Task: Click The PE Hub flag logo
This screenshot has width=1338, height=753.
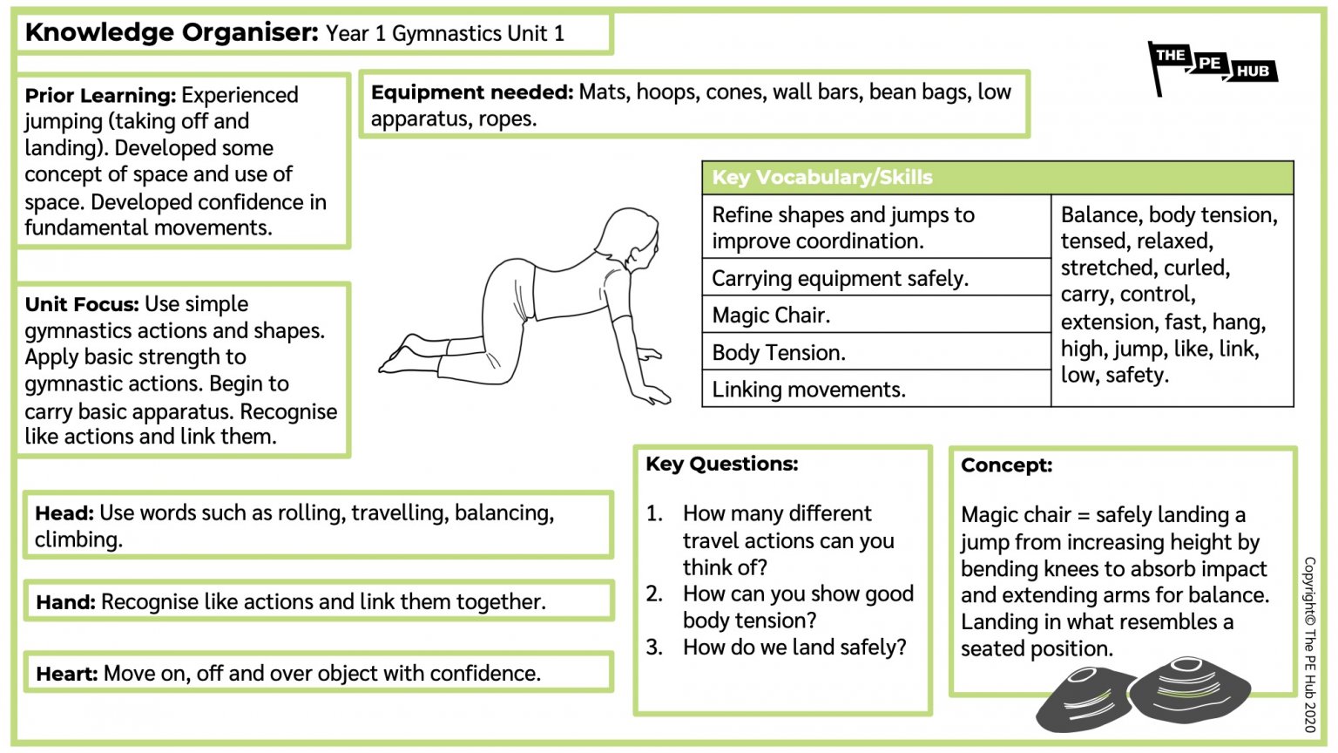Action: [1211, 67]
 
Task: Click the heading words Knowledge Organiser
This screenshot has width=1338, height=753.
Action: [172, 33]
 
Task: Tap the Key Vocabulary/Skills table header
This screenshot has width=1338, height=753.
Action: [821, 177]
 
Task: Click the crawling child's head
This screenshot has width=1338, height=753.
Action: [629, 235]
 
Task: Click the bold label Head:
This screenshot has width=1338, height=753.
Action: [64, 513]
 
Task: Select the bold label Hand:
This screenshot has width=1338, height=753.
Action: [65, 602]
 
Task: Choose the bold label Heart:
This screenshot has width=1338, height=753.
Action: [67, 674]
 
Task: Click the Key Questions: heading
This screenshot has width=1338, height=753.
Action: [721, 464]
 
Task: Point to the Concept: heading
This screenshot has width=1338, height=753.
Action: [1006, 465]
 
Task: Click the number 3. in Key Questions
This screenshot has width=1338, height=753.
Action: [654, 648]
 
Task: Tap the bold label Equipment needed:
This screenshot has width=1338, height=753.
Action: [471, 92]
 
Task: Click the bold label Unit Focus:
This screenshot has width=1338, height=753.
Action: [82, 304]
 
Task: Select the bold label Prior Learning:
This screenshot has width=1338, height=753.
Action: [100, 95]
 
